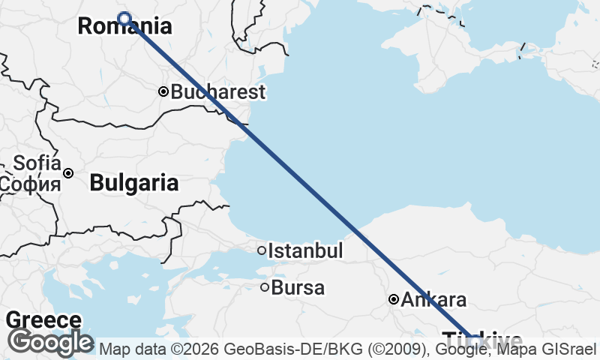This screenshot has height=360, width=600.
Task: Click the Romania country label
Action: [x=124, y=27]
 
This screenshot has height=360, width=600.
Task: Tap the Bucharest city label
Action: [x=218, y=92]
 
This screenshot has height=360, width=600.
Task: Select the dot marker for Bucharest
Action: [x=163, y=91]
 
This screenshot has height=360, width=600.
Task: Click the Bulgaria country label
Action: [x=134, y=182]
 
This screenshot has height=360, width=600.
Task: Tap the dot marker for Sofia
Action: [x=68, y=173]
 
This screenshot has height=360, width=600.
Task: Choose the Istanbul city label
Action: [x=305, y=250]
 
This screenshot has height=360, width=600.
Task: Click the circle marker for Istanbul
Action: [x=262, y=250]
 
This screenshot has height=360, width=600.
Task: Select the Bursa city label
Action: [x=298, y=287]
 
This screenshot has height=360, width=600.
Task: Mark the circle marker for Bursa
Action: [x=265, y=286]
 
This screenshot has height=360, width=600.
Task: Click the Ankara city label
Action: [x=433, y=300]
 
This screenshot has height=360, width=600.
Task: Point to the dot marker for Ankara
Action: [x=393, y=299]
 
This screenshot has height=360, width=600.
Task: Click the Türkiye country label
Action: [x=482, y=338]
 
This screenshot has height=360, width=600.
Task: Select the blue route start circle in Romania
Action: [x=124, y=19]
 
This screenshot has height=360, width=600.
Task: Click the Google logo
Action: [x=50, y=343]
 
